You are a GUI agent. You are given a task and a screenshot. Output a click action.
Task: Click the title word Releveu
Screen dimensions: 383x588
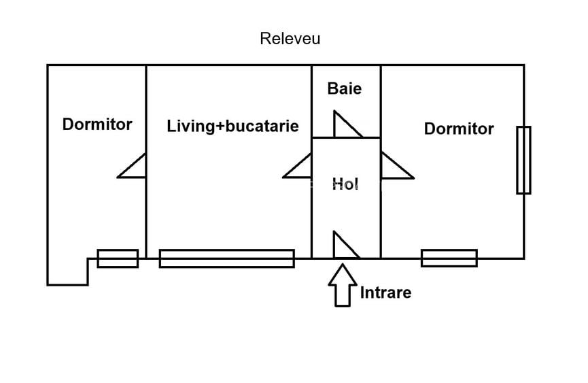coord(290,39)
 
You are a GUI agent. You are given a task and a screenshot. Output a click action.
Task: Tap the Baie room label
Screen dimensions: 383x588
coord(344,88)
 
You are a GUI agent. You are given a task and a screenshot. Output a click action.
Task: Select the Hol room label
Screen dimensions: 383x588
coord(345,184)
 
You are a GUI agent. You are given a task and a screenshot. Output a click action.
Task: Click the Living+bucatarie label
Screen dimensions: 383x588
coord(232,126)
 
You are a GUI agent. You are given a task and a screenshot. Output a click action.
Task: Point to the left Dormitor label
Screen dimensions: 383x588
coord(97,124)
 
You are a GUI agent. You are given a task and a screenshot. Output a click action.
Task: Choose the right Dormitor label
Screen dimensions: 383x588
coord(459,129)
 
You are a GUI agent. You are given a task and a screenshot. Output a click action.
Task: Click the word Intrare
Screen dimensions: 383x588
coord(385,293)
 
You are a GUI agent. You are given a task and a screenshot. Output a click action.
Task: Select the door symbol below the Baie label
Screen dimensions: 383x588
coord(345,125)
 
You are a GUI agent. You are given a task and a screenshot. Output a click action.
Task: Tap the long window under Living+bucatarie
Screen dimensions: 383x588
coord(226,259)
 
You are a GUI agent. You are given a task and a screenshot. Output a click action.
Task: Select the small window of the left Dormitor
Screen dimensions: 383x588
coord(118,259)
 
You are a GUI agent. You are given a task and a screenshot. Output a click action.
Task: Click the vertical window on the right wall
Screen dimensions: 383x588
coord(523,160)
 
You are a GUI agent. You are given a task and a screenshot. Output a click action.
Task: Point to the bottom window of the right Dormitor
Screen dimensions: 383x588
coord(449,259)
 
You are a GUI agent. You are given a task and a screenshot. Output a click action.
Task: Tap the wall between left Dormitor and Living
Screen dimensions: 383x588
coord(146,102)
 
